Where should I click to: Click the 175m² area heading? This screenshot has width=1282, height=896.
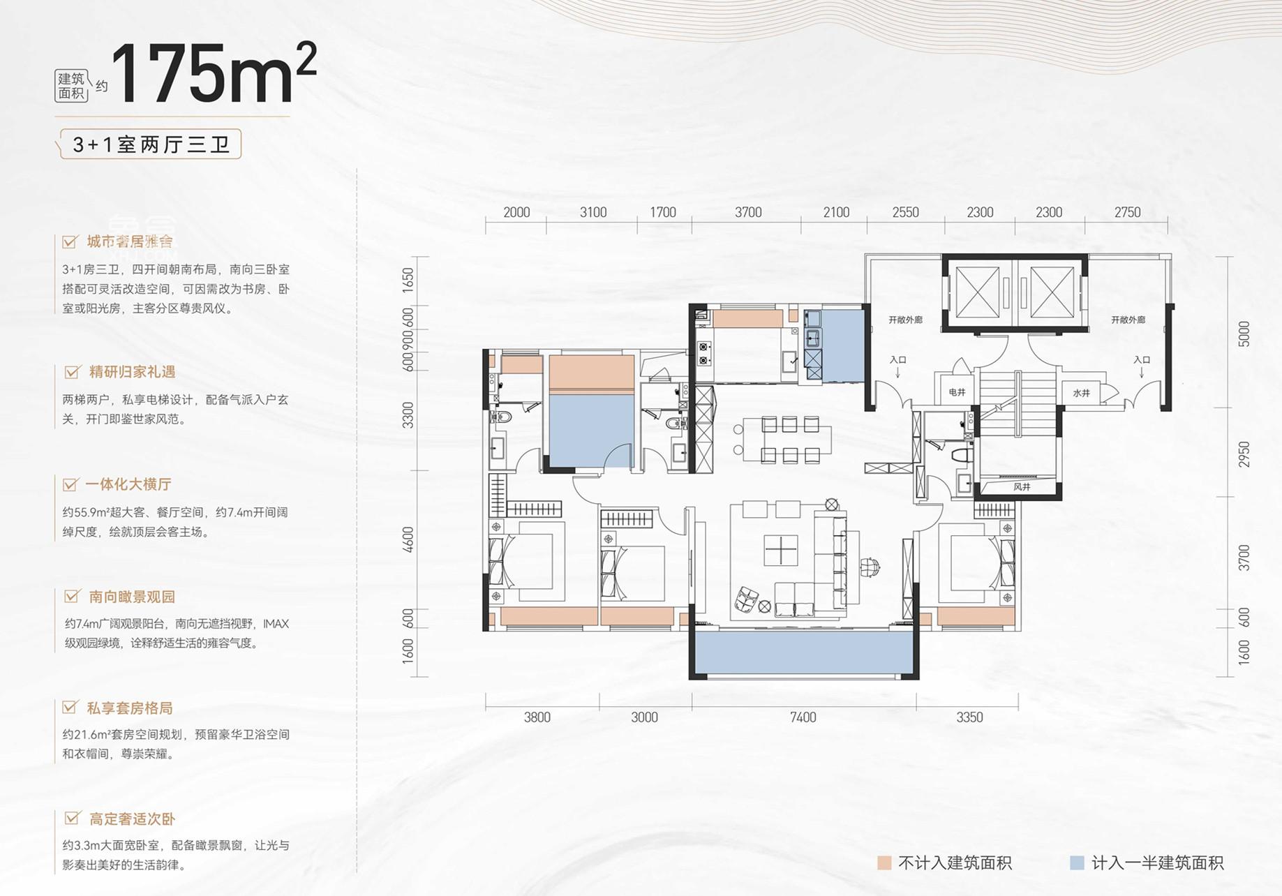pos(213,73)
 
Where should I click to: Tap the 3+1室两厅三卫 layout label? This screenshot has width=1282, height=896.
pos(151,144)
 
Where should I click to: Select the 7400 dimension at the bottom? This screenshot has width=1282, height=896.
pos(803,717)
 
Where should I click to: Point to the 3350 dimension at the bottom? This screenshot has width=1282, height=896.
pos(969,717)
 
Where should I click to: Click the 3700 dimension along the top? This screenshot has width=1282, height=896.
pos(748,212)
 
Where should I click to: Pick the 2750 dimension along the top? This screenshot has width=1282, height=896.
pos(1127,212)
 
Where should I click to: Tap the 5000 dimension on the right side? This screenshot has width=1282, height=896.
pos(1244,334)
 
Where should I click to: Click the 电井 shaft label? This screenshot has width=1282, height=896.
pos(957,393)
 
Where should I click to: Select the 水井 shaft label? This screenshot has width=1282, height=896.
pos(1081,394)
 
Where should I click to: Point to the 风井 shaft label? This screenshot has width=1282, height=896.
pos(1022,486)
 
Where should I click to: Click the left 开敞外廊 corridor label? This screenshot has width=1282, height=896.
pos(905,320)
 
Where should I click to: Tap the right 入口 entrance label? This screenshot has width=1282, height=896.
pos(1142,360)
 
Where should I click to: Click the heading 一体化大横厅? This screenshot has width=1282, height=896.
pos(128,484)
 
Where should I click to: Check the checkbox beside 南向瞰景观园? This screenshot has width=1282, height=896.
pos(71,597)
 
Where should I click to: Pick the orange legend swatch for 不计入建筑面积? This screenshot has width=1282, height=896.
pos(884,863)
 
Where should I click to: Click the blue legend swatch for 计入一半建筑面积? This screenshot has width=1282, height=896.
pos(1077,863)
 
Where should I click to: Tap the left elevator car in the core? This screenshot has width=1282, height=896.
pos(978,292)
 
